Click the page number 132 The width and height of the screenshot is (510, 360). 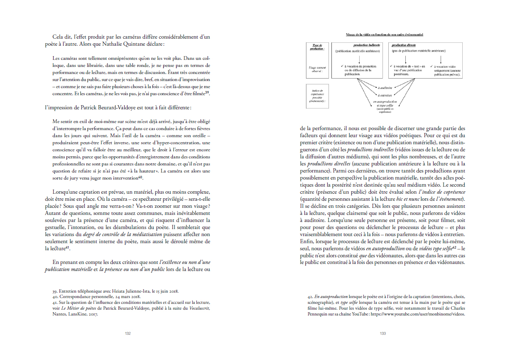128,333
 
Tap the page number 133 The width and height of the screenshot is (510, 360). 382,333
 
